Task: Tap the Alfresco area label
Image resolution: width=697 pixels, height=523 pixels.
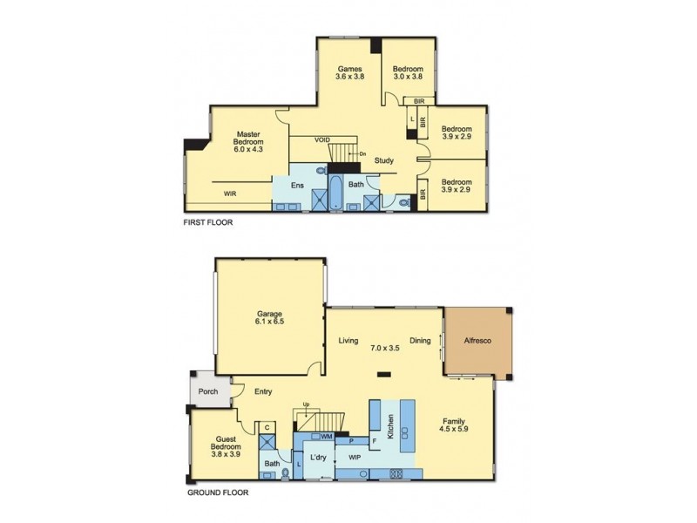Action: tap(478, 340)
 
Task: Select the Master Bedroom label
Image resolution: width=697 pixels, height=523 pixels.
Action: tap(248, 141)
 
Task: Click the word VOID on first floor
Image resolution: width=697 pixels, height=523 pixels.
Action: tap(322, 139)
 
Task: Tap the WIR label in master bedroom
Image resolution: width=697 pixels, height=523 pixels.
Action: tap(231, 194)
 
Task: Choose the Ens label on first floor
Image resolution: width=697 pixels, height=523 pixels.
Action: tap(297, 185)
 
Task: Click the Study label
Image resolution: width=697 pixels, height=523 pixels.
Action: tap(384, 160)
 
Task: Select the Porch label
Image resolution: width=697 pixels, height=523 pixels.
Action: tap(207, 391)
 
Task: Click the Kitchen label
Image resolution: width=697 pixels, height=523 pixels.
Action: tap(391, 425)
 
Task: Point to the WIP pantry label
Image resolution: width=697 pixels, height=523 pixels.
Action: tap(355, 457)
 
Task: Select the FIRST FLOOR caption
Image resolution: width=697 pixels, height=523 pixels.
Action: tap(208, 222)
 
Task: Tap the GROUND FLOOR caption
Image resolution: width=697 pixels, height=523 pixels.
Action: tap(218, 492)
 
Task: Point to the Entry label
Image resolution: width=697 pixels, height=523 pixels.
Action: tap(264, 391)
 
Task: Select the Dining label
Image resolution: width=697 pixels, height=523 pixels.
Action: tap(420, 341)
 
